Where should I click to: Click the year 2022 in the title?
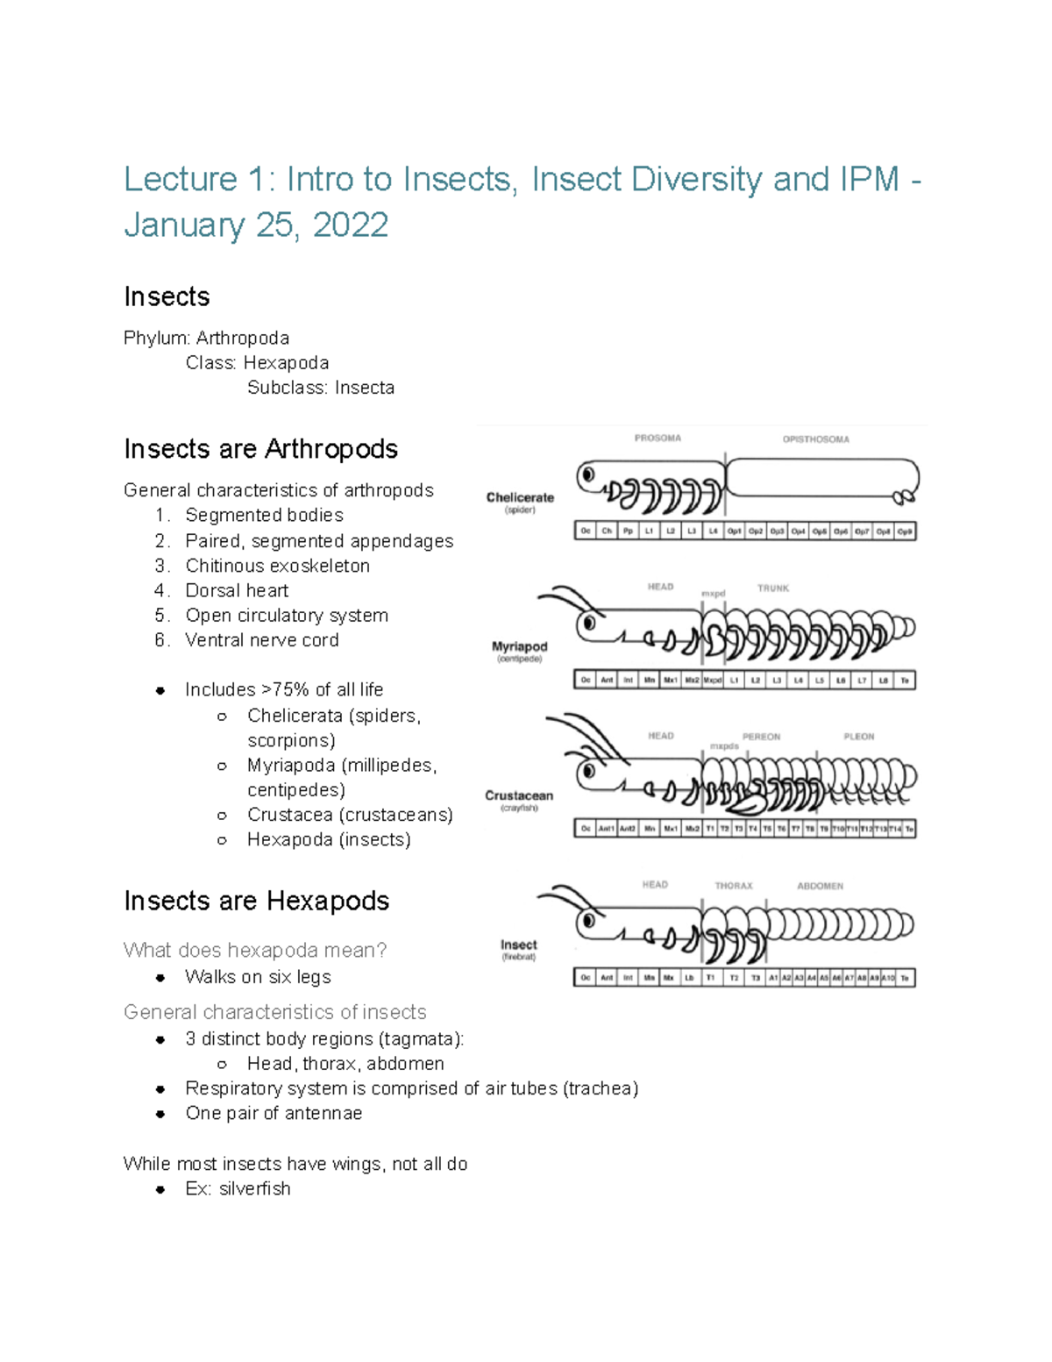[x=350, y=225]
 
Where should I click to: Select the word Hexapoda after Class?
[x=286, y=363]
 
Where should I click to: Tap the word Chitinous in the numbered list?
[x=227, y=566]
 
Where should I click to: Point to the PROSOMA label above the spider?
[x=657, y=438]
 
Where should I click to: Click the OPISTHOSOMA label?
[x=815, y=439]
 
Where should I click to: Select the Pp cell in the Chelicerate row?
[x=628, y=531]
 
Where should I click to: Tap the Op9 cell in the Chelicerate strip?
[x=905, y=531]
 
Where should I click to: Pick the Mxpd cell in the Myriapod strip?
[x=713, y=681]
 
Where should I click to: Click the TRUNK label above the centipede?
[x=773, y=588]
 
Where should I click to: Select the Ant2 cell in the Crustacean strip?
[x=628, y=829]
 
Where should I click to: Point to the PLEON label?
[x=858, y=737]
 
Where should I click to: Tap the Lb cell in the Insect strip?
[x=689, y=978]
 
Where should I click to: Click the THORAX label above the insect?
[x=733, y=886]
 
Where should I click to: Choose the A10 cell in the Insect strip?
[x=888, y=978]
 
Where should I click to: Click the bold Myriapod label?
[x=519, y=646]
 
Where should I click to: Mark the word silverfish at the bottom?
[x=254, y=1188]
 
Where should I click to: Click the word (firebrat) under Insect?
[x=519, y=957]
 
